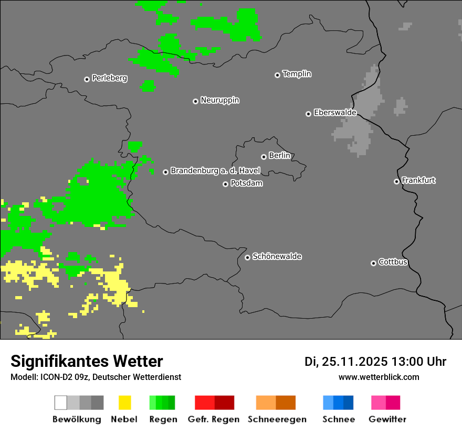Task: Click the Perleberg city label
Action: click(x=109, y=78)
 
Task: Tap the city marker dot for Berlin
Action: click(x=264, y=157)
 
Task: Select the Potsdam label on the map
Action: click(x=246, y=183)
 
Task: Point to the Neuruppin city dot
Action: click(x=195, y=101)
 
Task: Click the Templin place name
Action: click(x=297, y=74)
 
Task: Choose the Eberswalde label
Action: click(x=335, y=113)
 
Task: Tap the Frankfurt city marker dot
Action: click(x=396, y=182)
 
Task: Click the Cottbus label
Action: click(x=393, y=262)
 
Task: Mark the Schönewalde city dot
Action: click(x=247, y=257)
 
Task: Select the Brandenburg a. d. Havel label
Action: click(x=215, y=171)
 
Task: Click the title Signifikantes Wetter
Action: click(x=87, y=361)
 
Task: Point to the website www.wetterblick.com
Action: click(x=379, y=377)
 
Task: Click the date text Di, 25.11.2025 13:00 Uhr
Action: click(x=375, y=362)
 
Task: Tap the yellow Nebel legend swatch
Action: click(x=124, y=403)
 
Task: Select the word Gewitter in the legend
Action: click(x=387, y=419)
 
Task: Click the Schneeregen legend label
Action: click(x=277, y=419)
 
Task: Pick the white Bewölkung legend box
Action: click(x=61, y=403)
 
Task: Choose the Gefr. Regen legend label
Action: click(x=213, y=419)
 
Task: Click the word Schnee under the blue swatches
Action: click(x=338, y=419)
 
